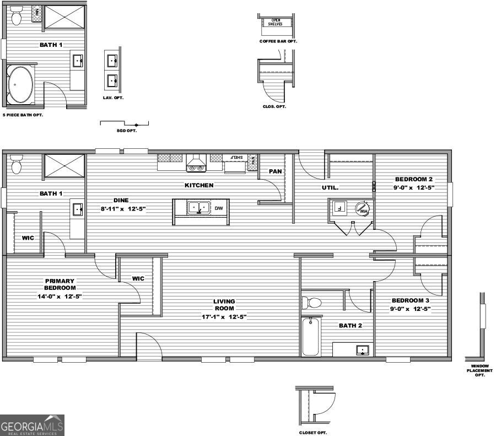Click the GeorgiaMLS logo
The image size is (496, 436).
pyautogui.click(x=32, y=425)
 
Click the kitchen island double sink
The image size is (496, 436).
pyautogui.click(x=198, y=208)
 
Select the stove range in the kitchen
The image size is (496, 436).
pyautogui.click(x=196, y=163)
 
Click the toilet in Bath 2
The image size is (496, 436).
pyautogui.click(x=311, y=303)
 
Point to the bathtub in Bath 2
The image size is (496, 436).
pyautogui.click(x=311, y=336)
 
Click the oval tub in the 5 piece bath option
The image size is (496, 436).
pyautogui.click(x=20, y=85)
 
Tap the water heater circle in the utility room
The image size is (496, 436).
pyautogui.click(x=362, y=209)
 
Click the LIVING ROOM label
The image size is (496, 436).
pyautogui.click(x=224, y=305)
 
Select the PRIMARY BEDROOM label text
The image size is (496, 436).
pyautogui.click(x=60, y=284)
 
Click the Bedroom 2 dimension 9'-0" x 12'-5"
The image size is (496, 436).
pyautogui.click(x=414, y=187)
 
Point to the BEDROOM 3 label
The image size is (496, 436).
pyautogui.click(x=411, y=300)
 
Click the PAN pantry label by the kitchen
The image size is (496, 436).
pyautogui.click(x=275, y=171)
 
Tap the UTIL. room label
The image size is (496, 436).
pyautogui.click(x=330, y=187)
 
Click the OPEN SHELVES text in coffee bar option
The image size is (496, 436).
pyautogui.click(x=276, y=23)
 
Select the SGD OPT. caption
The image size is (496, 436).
pyautogui.click(x=127, y=131)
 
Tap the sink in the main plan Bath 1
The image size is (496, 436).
pyautogui.click(x=78, y=209)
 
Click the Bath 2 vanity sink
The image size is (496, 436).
pyautogui.click(x=362, y=350)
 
